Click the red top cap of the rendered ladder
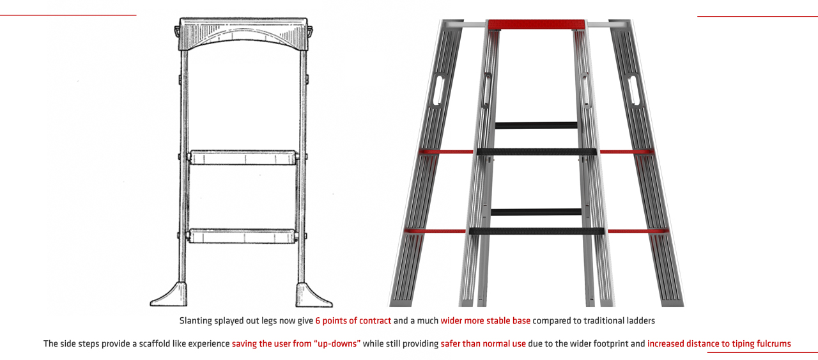coord(536,24)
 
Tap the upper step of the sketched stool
coord(243,157)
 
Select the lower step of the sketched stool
coord(242,236)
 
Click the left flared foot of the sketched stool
coord(169,295)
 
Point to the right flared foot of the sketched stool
coord(313,295)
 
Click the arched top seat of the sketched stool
coord(243,34)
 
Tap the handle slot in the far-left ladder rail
coord(438,90)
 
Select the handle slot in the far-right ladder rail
coord(635,90)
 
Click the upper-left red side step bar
coord(446,152)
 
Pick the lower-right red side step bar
coord(638,231)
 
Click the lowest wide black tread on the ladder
coord(536,231)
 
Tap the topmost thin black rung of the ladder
coord(536,125)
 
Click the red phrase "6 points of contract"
coord(353,321)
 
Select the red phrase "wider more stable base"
coord(485,321)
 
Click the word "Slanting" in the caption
coord(196,321)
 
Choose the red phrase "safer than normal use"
coord(483,344)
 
